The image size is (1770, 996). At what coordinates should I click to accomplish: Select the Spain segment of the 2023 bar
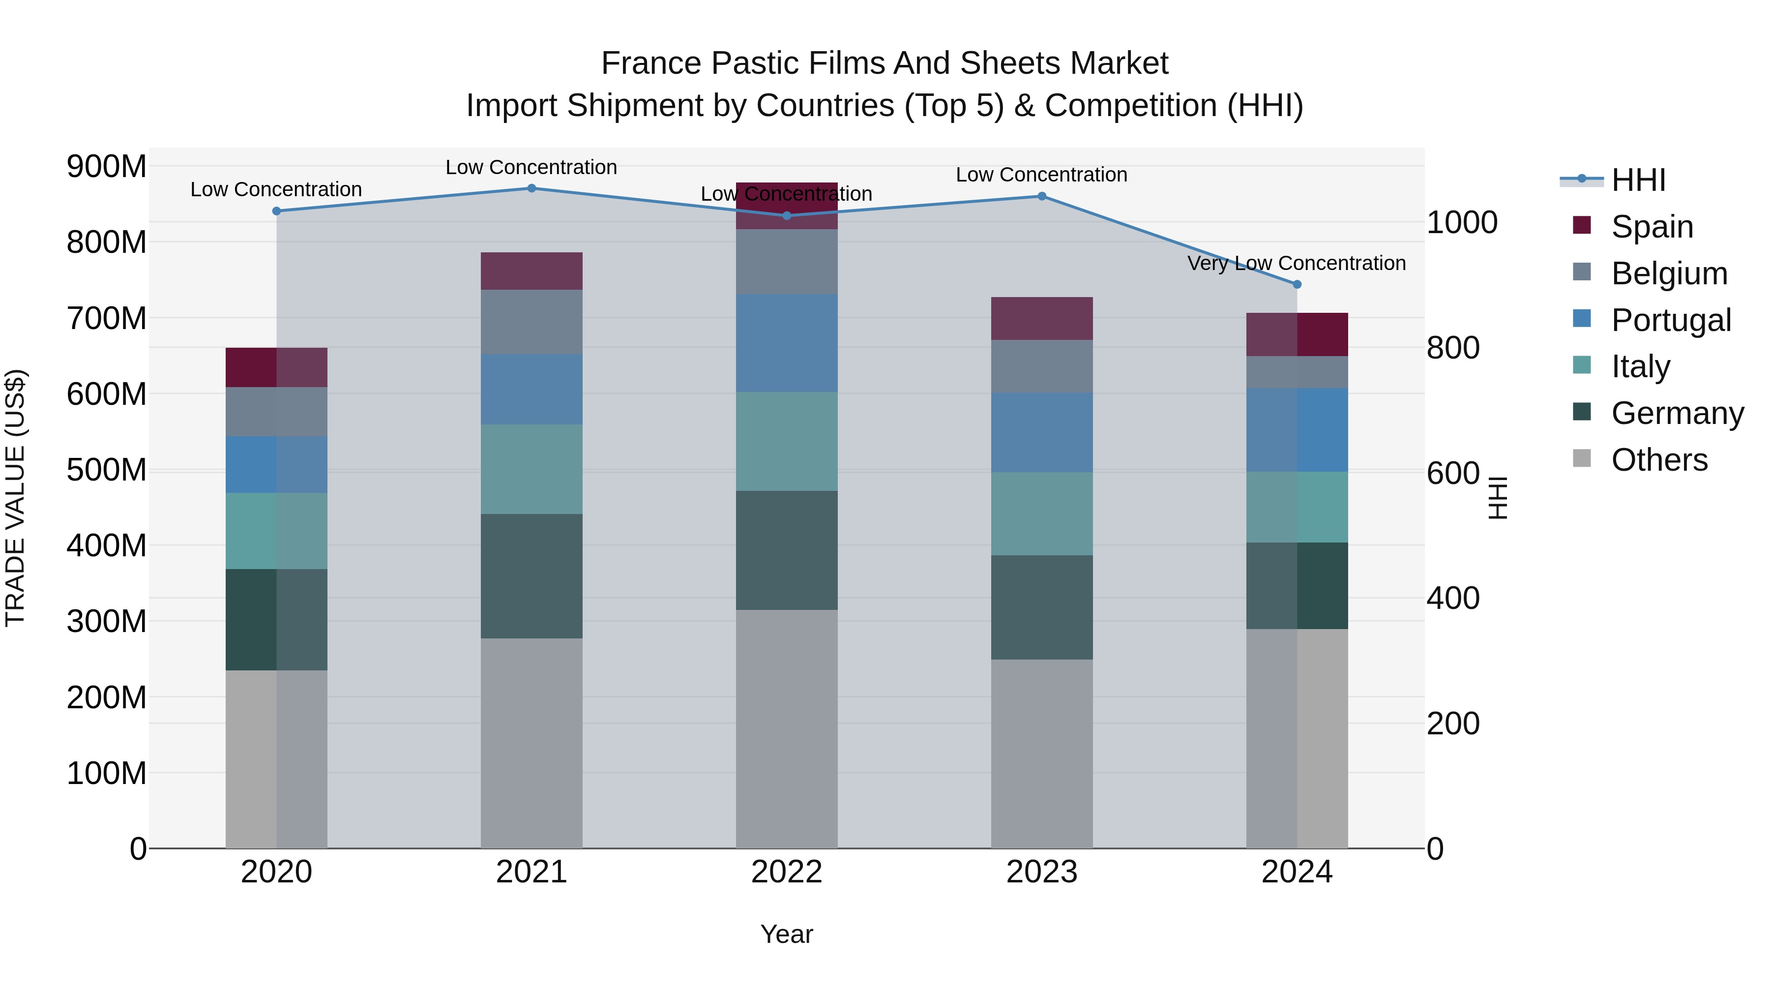click(x=1042, y=318)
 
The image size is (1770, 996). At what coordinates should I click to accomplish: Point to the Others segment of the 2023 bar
click(x=1042, y=754)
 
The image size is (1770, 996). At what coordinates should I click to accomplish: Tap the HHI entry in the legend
click(x=1638, y=180)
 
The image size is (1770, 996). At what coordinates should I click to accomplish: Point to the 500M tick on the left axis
click(x=107, y=470)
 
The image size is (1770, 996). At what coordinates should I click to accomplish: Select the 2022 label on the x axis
click(x=787, y=872)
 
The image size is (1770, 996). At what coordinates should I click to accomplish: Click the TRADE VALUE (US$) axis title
click(x=15, y=498)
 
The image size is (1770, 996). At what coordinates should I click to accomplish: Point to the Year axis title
click(x=787, y=934)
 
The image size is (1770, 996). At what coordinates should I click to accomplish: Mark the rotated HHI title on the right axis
click(x=1499, y=498)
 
